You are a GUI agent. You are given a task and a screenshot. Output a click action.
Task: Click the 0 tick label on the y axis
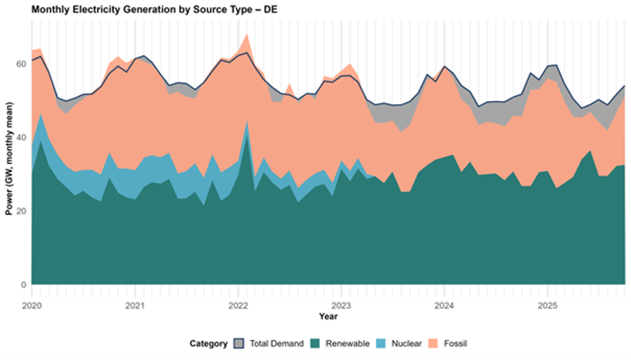coord(23,285)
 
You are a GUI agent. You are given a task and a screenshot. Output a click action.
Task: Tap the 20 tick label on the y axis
coord(21,211)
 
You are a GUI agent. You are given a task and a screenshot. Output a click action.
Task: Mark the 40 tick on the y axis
coord(21,137)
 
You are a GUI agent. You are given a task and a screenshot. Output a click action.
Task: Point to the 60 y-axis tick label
coord(21,64)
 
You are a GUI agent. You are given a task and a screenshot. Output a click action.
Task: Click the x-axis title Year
coord(328,316)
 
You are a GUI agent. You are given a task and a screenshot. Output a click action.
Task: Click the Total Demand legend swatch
coord(239,343)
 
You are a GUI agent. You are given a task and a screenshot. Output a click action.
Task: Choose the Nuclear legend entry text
coord(407,344)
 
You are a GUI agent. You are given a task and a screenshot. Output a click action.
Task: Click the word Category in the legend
coord(209,344)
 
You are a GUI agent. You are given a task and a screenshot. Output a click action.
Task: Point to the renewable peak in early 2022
coord(247,122)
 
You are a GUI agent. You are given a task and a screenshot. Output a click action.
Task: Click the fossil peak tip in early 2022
coord(247,33)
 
